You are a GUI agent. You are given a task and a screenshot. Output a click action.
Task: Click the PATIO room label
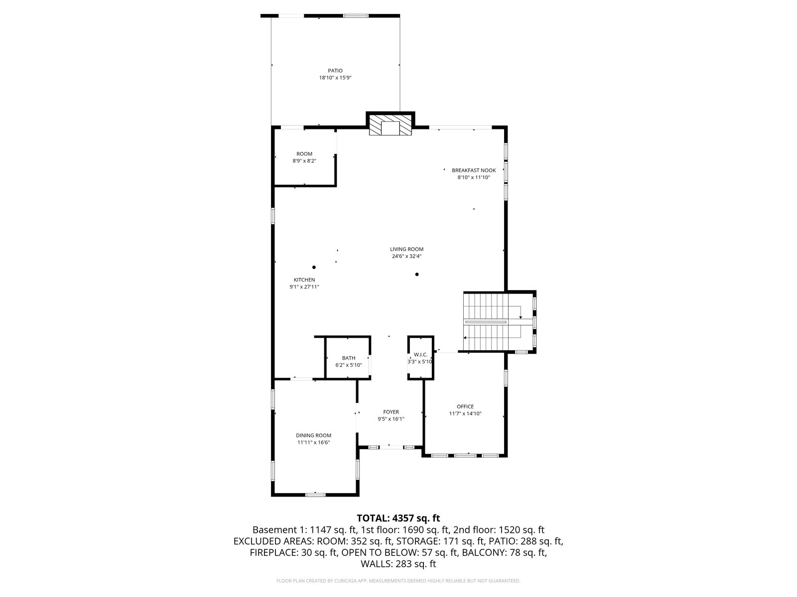(x=335, y=71)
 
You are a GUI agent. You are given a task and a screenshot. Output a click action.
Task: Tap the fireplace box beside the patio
(x=390, y=125)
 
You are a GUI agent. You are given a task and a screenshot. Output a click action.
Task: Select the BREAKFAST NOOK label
(x=474, y=170)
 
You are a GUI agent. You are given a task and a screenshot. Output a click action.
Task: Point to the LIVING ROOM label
(x=406, y=249)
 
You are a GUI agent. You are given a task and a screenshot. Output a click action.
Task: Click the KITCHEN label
(x=304, y=280)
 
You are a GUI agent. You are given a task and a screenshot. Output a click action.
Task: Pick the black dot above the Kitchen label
(x=314, y=267)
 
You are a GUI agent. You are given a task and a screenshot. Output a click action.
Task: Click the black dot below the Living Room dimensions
(x=416, y=275)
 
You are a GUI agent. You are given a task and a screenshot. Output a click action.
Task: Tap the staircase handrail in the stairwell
(x=486, y=322)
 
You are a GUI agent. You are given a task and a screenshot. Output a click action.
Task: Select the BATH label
(x=348, y=358)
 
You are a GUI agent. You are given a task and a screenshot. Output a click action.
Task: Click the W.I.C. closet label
(x=420, y=355)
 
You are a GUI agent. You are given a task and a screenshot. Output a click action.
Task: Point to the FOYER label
(x=391, y=412)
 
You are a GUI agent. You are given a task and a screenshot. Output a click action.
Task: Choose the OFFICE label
(x=465, y=406)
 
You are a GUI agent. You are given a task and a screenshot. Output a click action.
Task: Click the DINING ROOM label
(x=313, y=435)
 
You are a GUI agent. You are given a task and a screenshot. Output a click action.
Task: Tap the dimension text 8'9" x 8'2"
(x=304, y=161)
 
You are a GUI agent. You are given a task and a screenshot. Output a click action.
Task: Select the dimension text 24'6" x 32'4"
(x=406, y=256)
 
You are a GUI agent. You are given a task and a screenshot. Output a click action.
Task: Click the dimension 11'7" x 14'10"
(x=465, y=413)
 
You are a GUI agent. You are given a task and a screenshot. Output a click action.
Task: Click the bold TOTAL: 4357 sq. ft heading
(x=398, y=518)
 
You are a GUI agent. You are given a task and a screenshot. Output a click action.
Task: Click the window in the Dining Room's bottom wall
(x=315, y=495)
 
